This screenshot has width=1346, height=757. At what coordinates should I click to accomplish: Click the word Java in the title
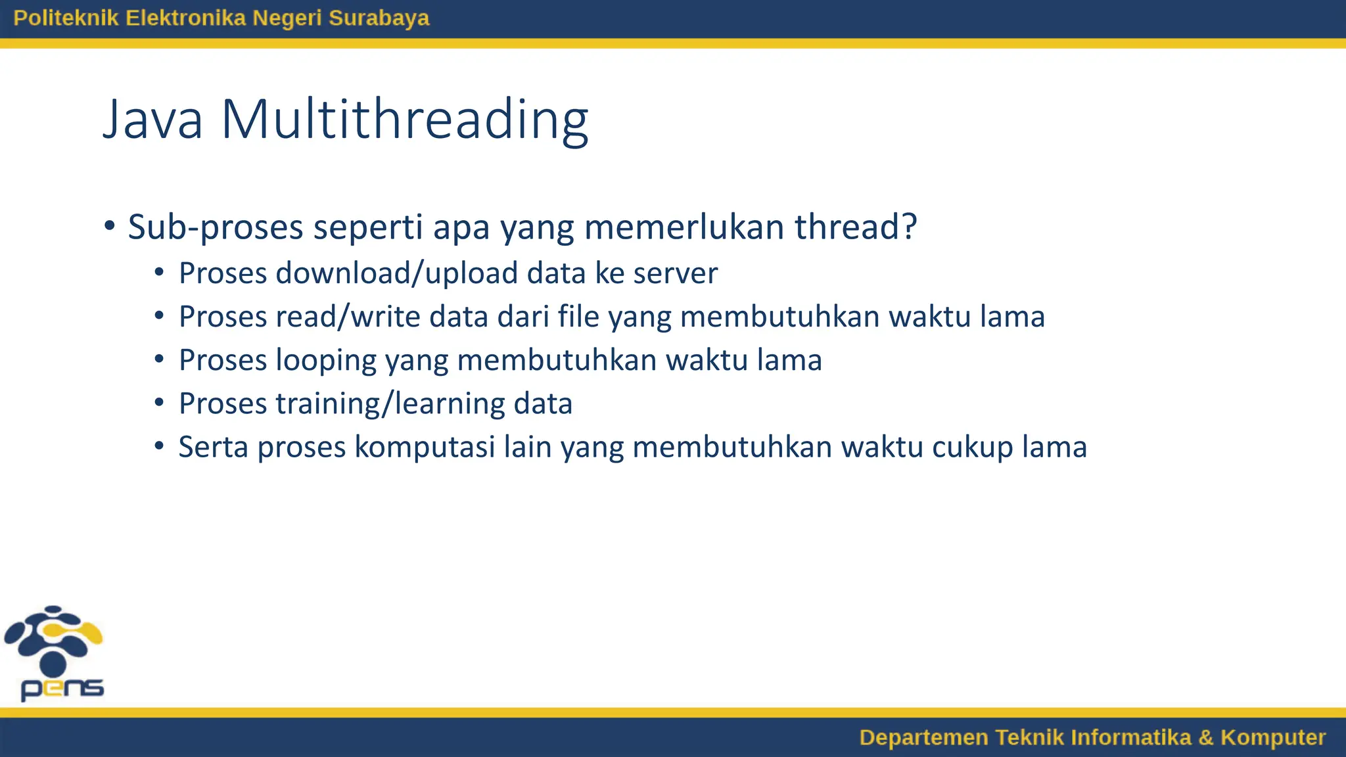(x=152, y=120)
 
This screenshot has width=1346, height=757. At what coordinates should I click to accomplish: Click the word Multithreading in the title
(x=404, y=120)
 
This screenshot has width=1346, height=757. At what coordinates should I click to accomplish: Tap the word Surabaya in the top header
(x=379, y=18)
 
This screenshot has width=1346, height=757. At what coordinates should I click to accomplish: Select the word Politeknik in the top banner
(x=66, y=18)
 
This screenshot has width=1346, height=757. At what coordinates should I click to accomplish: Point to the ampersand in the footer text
(x=1205, y=737)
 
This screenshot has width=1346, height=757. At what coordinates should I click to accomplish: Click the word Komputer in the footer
(x=1273, y=737)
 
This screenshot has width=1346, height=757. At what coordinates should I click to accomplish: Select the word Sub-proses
(x=215, y=227)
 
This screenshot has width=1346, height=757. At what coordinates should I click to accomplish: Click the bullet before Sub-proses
(x=110, y=227)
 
